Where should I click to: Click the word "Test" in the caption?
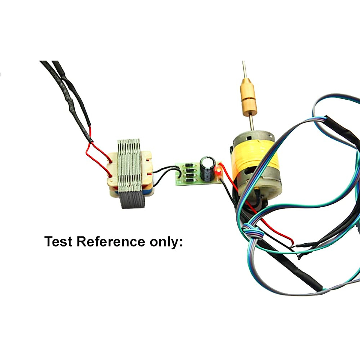[x=58, y=241]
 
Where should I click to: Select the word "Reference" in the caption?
[x=111, y=241]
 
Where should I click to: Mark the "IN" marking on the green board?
[x=179, y=182]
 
